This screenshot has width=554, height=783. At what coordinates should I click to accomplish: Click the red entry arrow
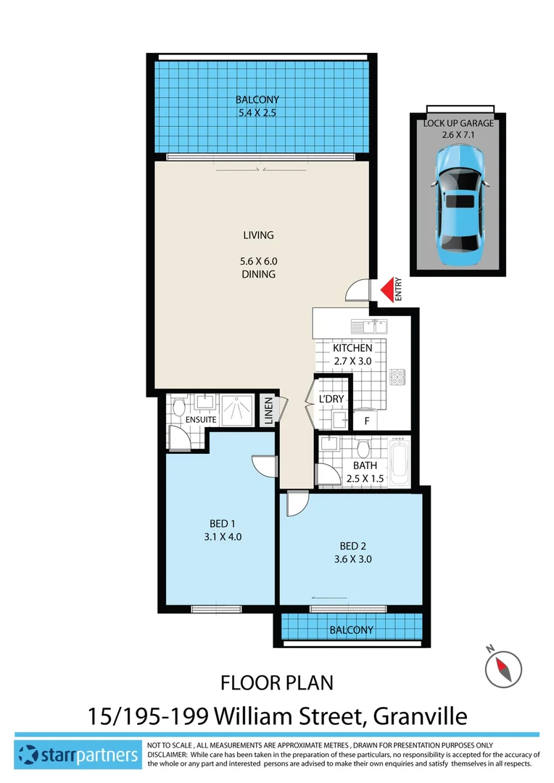pyautogui.click(x=390, y=289)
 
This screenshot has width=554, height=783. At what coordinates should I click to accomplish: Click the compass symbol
pyautogui.click(x=504, y=666)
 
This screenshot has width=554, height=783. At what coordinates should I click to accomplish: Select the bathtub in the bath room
pyautogui.click(x=400, y=462)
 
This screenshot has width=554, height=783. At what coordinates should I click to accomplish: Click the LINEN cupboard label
pyautogui.click(x=268, y=412)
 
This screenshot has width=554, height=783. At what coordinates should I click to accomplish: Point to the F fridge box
pyautogui.click(x=367, y=420)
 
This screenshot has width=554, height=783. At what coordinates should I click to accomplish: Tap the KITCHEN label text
pyautogui.click(x=353, y=349)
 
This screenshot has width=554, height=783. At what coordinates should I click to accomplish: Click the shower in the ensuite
pyautogui.click(x=237, y=410)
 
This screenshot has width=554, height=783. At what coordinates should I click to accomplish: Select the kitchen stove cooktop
pyautogui.click(x=398, y=378)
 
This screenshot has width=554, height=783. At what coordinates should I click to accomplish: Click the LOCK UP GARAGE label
pyautogui.click(x=458, y=123)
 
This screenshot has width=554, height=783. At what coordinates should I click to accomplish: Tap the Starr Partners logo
pyautogui.click(x=79, y=755)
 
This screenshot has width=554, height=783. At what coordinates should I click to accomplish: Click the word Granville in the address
pyautogui.click(x=420, y=716)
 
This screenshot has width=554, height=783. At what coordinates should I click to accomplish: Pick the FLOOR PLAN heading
pyautogui.click(x=276, y=683)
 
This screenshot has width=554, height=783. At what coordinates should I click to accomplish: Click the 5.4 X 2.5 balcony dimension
pyautogui.click(x=257, y=112)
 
